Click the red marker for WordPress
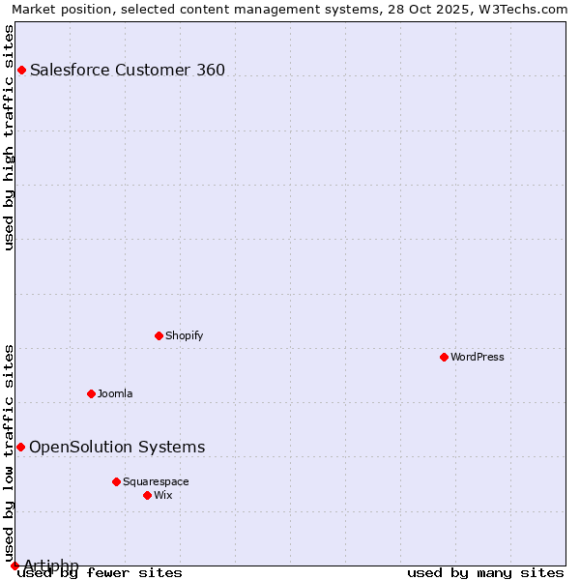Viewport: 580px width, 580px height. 444,357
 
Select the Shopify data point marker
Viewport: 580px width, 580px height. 159,335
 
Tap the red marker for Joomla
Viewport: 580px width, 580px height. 91,393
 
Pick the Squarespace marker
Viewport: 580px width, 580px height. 116,481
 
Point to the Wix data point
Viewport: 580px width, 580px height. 147,495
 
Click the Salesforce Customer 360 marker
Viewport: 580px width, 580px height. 21,70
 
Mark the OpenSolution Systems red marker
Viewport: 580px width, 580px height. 20,447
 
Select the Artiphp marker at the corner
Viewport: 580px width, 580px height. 14,565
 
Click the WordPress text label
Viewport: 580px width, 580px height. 478,357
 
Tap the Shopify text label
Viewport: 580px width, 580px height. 184,335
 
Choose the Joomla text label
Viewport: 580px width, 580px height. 115,393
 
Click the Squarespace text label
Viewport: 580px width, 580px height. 156,481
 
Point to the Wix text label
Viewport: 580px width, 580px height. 162,495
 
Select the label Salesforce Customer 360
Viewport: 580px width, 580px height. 128,70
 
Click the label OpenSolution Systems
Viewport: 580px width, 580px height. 117,447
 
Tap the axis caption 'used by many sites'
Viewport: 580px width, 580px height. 485,572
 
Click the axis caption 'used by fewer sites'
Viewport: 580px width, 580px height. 100,572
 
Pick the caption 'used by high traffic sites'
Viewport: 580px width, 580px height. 10,137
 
